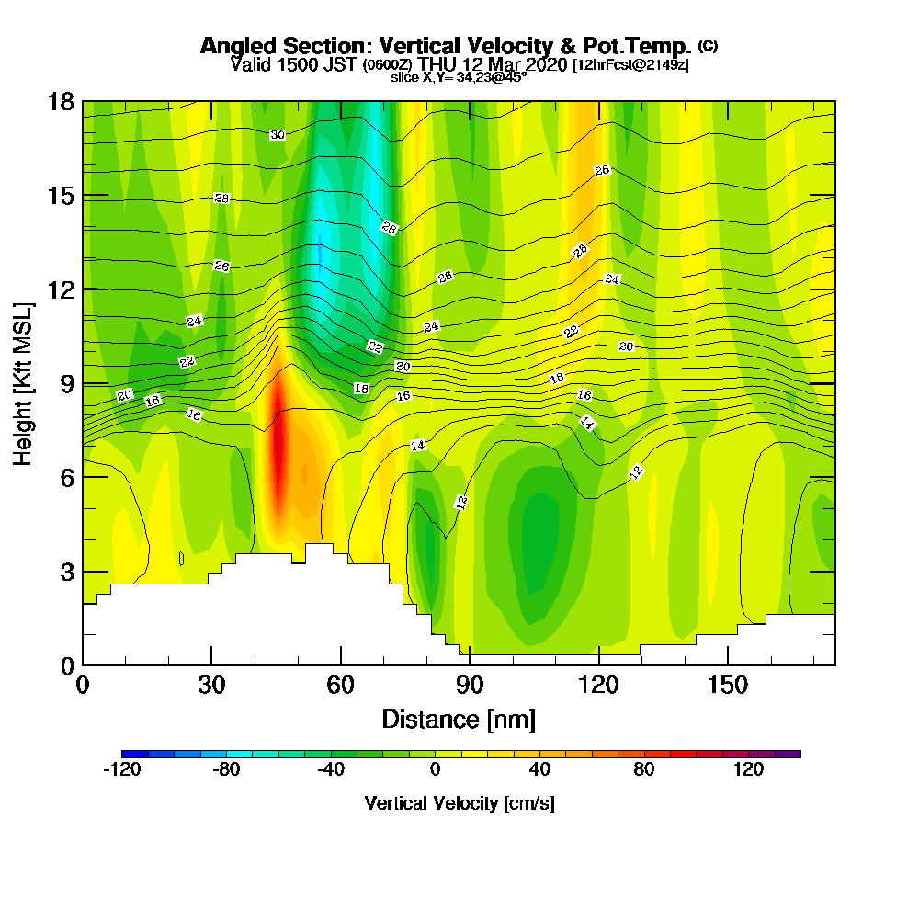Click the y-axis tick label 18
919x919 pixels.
62,102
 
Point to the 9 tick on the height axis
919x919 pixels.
67,383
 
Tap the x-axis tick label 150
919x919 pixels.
727,686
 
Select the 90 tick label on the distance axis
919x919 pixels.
470,686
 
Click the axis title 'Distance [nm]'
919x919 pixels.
459,719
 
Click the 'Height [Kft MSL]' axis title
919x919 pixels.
24,382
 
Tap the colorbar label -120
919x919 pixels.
121,770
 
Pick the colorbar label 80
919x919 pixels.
643,770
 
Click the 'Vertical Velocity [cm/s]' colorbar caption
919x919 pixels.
459,803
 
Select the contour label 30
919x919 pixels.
278,135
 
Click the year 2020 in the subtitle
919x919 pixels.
543,64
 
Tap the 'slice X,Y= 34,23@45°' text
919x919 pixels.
459,78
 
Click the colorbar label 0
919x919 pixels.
435,770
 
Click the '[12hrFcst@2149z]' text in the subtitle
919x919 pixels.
630,65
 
